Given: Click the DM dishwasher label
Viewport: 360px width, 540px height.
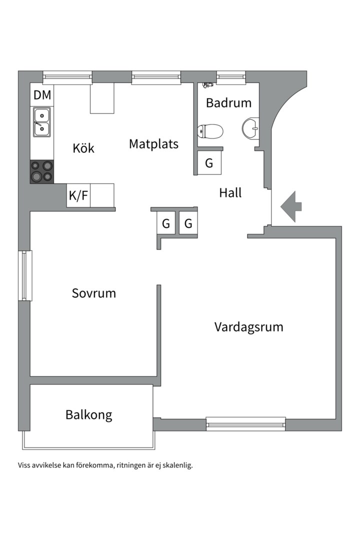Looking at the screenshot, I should (42, 95).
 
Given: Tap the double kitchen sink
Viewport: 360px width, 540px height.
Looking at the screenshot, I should (42, 122).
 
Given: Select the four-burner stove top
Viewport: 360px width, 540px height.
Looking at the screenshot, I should (42, 171).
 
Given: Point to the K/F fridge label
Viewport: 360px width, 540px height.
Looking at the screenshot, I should (78, 195).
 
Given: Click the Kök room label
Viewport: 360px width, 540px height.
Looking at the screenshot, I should (83, 148).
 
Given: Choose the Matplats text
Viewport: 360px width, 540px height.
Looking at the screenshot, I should (153, 144).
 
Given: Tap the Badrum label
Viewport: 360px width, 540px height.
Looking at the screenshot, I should (228, 103).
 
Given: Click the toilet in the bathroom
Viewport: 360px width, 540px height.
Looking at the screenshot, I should (210, 131).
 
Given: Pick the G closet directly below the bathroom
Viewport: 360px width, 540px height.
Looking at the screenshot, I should (209, 163).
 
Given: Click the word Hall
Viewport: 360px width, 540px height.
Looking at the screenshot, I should (230, 192).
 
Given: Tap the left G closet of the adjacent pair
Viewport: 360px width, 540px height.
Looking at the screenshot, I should (166, 224).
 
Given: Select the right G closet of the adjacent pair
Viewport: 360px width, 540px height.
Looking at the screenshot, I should (188, 224).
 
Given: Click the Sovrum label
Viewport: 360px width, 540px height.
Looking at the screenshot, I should (93, 293).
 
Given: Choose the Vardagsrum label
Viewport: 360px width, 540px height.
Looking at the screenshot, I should (248, 327).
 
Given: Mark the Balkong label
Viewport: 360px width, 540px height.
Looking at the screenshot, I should (88, 414).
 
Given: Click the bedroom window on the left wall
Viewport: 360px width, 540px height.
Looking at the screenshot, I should (25, 275).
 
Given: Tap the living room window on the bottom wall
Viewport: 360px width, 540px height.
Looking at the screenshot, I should (245, 424).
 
